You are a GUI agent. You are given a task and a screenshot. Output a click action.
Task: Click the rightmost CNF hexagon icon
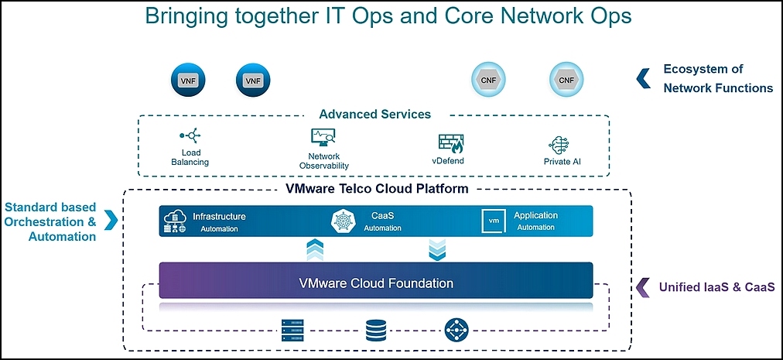click(x=566, y=80)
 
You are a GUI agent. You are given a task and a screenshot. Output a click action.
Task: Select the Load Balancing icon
click(x=190, y=136)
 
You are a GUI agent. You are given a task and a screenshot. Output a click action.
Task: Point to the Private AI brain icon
click(x=559, y=146)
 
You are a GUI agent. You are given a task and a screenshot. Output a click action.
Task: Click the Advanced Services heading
click(x=374, y=114)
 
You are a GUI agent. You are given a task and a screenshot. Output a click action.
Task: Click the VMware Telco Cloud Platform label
click(x=377, y=188)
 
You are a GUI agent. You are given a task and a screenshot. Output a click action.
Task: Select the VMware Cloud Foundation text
click(x=376, y=283)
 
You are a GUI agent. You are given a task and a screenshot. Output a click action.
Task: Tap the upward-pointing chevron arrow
click(x=315, y=250)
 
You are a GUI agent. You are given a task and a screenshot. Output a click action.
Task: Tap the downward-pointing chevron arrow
click(x=438, y=250)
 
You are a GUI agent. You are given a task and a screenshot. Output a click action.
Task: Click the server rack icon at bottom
click(x=292, y=331)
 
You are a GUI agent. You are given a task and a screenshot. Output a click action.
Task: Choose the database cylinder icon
click(x=374, y=331)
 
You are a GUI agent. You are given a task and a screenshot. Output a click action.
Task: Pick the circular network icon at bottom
click(x=456, y=331)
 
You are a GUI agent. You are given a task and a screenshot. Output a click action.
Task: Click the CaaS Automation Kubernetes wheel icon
click(x=342, y=221)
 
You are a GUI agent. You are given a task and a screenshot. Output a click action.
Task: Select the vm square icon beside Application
click(x=493, y=221)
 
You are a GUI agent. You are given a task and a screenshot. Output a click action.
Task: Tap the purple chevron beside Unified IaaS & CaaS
click(x=641, y=287)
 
